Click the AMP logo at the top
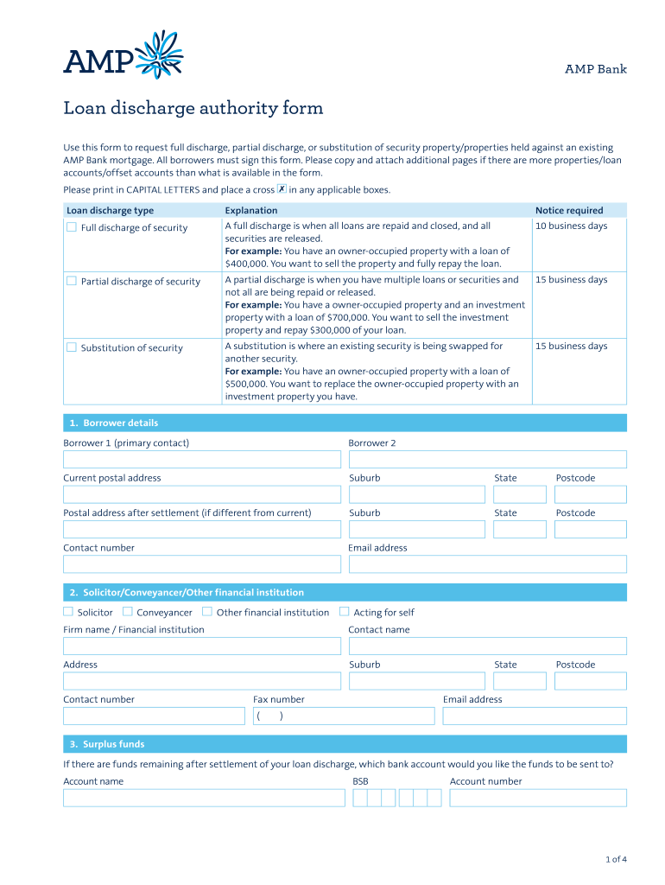[123, 55]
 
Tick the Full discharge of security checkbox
[72, 227]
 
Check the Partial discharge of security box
[72, 281]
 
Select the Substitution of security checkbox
[72, 347]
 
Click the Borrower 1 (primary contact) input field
[202, 459]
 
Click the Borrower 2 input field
[487, 459]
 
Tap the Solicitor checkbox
[68, 612]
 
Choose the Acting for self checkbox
[345, 612]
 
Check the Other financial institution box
[207, 612]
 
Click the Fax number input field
[344, 716]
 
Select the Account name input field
[204, 798]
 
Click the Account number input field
[538, 798]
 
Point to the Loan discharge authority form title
[193, 109]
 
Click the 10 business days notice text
[571, 226]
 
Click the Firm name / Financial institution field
[202, 646]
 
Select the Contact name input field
[487, 646]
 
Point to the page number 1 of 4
[616, 859]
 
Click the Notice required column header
[569, 210]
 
